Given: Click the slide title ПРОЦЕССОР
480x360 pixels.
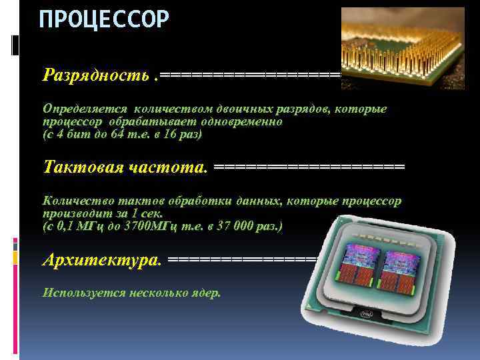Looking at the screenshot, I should [x=104, y=20].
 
